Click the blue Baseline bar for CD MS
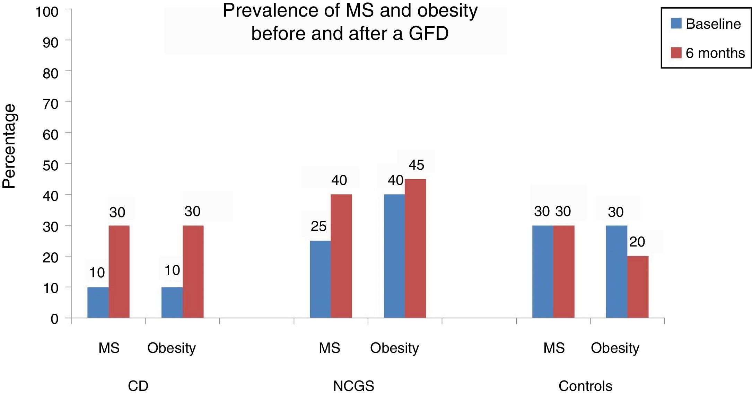click(98, 302)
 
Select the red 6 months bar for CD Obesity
click(193, 271)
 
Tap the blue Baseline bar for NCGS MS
click(320, 279)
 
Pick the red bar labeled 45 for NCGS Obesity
click(415, 248)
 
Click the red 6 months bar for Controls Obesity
click(638, 287)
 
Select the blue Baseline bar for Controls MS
click(543, 271)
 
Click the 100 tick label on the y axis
click(47, 12)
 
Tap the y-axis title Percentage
click(9, 146)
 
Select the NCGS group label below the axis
click(353, 386)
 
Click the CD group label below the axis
click(138, 386)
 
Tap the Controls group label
click(585, 386)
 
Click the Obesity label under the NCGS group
click(394, 348)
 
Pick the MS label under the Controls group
click(554, 348)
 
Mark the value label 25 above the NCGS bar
click(318, 226)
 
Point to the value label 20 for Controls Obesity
click(637, 242)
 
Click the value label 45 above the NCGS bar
click(416, 165)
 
